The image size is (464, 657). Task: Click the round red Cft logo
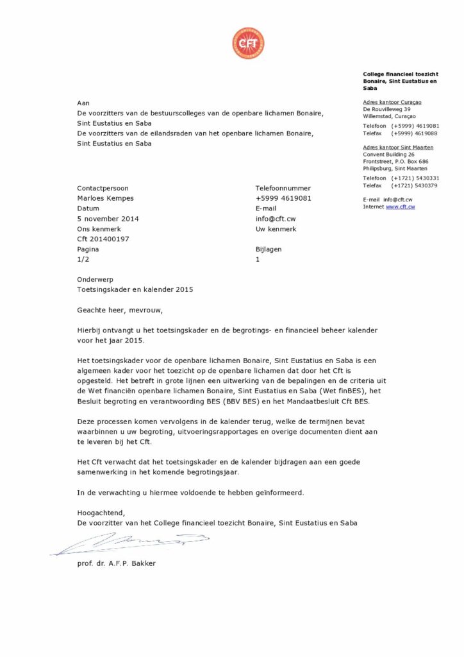point(248,44)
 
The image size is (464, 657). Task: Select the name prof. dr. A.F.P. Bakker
point(116,563)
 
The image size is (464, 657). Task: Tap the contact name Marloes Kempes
point(105,198)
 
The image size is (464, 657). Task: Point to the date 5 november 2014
point(108,219)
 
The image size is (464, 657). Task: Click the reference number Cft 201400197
point(103,239)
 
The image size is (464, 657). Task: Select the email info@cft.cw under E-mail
point(275,219)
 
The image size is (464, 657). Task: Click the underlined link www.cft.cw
point(400,207)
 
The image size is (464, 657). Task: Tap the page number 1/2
point(83,259)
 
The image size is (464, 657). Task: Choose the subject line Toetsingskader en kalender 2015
point(135,289)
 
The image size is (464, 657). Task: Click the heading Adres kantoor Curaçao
point(392,102)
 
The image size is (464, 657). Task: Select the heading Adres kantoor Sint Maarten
point(398,148)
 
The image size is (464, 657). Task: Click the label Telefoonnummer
point(283,188)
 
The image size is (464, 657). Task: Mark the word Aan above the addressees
point(83,103)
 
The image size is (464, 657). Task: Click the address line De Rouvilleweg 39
point(387,110)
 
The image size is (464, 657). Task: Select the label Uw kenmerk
point(276,228)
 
